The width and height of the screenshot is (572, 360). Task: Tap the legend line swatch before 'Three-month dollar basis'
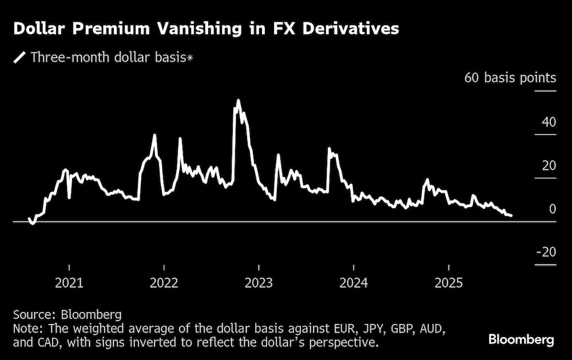tap(20, 57)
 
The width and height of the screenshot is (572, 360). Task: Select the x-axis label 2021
tap(69, 282)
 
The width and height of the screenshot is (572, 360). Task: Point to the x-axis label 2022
tap(164, 282)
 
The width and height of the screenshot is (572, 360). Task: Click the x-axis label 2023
tap(259, 282)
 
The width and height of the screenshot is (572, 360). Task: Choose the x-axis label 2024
tap(353, 282)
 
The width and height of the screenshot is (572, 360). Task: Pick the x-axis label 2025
tap(448, 282)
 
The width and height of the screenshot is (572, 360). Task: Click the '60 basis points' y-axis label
tap(510, 78)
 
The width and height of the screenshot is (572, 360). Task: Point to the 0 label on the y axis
tap(552, 209)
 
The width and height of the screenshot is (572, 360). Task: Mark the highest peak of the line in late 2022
tap(238, 101)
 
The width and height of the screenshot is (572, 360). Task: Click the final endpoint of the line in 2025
tap(511, 216)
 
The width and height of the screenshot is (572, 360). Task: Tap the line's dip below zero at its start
tap(33, 223)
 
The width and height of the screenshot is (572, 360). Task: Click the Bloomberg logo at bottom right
tap(521, 340)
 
